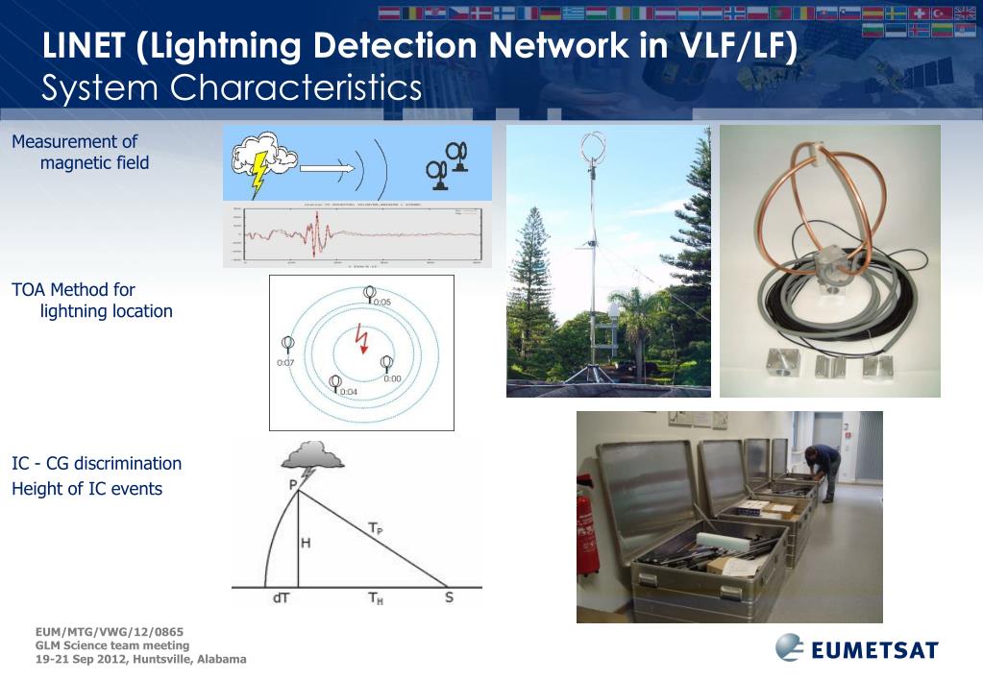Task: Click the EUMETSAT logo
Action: point(856,649)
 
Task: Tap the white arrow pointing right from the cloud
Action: point(327,168)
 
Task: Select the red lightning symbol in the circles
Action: point(362,338)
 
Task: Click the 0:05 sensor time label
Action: point(381,302)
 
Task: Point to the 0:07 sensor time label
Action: point(284,363)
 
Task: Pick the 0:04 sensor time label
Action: point(348,392)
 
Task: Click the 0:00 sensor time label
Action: point(392,378)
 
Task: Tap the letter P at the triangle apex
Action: point(293,485)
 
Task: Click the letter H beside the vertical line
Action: point(306,544)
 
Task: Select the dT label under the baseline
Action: point(282,597)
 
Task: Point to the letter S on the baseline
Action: point(448,597)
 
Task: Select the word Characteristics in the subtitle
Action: point(296,87)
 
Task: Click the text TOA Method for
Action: point(73,289)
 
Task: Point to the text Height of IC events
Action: point(86,489)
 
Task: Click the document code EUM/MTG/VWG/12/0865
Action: point(109,632)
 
